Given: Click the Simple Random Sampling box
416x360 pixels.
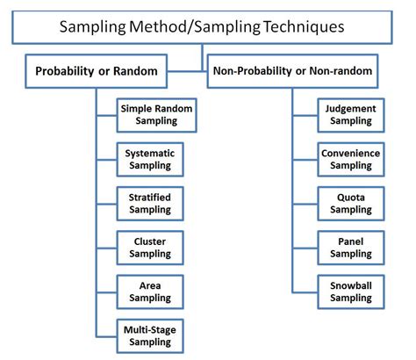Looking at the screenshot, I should [x=155, y=114].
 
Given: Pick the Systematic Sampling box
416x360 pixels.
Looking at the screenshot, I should [x=149, y=158].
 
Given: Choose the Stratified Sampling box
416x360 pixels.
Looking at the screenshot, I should [x=149, y=202].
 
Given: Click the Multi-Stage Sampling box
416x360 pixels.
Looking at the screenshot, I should [x=149, y=335].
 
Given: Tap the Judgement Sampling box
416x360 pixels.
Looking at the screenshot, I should [x=351, y=114].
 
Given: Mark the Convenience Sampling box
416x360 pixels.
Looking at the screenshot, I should [x=351, y=158].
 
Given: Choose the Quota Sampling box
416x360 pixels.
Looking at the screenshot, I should [x=351, y=202].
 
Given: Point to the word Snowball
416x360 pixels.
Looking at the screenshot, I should [x=351, y=284].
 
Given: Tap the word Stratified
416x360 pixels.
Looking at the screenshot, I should [x=149, y=197].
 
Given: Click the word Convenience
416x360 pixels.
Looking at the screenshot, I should [x=351, y=153].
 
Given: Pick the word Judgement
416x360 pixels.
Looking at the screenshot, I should [x=351, y=109].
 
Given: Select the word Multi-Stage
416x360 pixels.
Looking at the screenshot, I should [x=149, y=329].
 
